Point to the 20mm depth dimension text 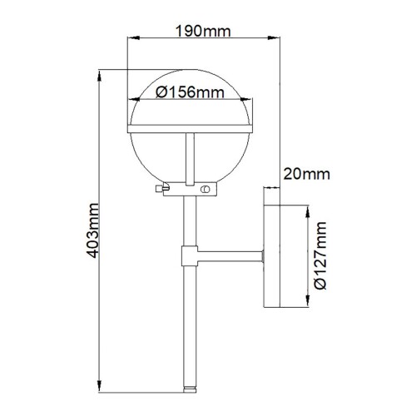[306, 173]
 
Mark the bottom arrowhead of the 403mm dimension [100, 390]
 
